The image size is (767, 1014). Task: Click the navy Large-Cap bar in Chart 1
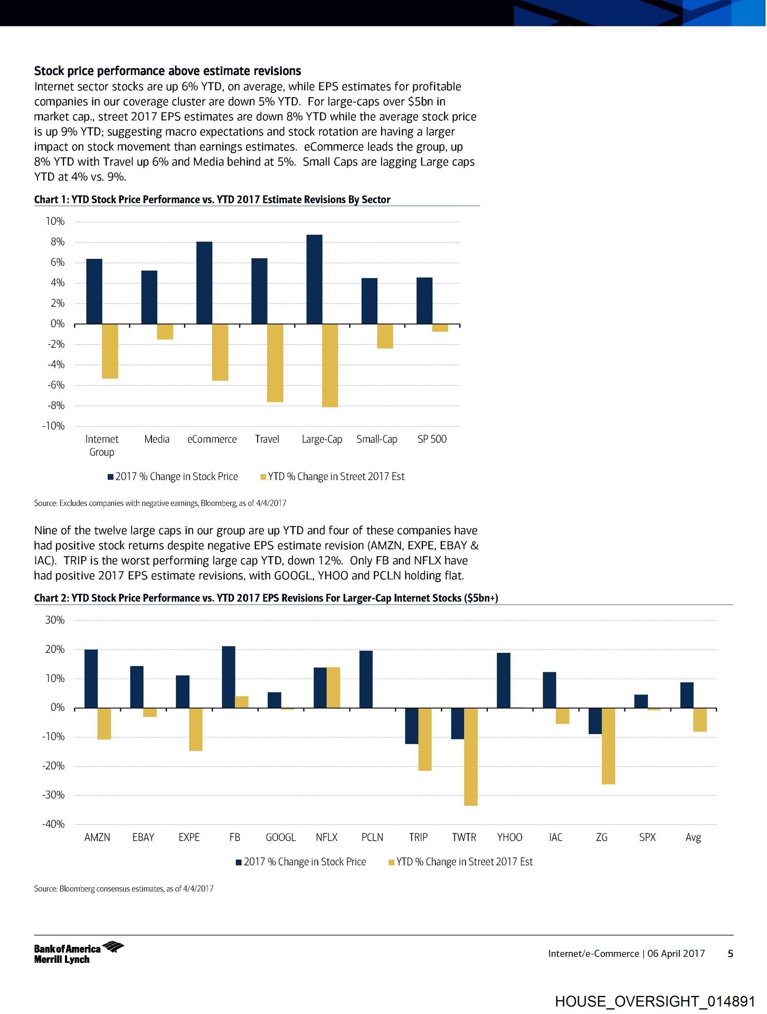(314, 279)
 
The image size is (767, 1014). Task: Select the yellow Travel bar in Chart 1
(275, 363)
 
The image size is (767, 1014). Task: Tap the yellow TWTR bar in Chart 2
(471, 756)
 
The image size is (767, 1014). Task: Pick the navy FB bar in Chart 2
(229, 677)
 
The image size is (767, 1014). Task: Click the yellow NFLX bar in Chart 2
(334, 688)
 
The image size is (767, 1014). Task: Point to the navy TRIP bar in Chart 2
(412, 726)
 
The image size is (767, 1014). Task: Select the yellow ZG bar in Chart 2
(608, 746)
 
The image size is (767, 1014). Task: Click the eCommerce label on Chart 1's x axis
(212, 439)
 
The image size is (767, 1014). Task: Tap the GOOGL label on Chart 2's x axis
(280, 838)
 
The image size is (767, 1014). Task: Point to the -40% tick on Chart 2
(53, 824)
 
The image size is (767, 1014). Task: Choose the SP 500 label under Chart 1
(432, 439)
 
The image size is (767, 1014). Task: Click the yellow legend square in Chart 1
(263, 477)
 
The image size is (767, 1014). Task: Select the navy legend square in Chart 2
(239, 862)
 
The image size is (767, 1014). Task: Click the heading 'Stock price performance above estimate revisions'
(167, 71)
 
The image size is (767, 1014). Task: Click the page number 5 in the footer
(731, 953)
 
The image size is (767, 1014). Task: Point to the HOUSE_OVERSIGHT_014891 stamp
(655, 1001)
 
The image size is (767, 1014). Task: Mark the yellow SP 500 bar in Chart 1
(440, 328)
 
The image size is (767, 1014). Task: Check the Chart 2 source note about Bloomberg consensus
(124, 889)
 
